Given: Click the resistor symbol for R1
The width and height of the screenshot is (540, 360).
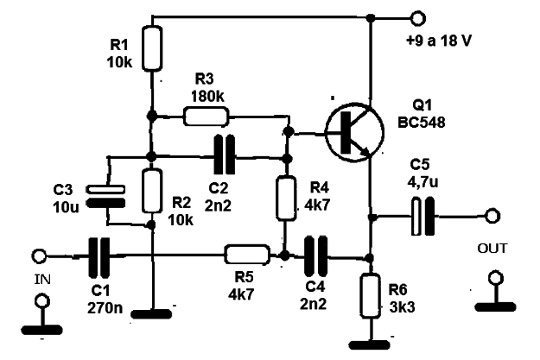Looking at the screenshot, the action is pos(152,48).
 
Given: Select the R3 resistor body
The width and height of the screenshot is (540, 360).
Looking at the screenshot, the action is pos(206,116).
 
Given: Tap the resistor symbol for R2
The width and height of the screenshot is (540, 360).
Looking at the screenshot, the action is pos(152,191).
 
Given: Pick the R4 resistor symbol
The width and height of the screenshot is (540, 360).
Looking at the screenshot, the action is pos(286,198).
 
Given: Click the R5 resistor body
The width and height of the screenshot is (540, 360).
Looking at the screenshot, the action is pos(247,255).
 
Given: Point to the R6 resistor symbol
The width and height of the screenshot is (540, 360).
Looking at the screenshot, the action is pos(370,295).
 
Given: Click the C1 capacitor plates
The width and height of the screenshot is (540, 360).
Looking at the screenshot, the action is pos(99,256).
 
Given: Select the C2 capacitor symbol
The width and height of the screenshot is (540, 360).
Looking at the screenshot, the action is pos(225,155).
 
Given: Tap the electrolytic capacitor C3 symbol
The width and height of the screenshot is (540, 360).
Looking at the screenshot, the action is pos(105,196).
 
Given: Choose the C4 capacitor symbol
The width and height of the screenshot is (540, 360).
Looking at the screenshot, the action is pos(315,256).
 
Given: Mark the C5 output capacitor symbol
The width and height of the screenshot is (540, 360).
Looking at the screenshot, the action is pos(422,216).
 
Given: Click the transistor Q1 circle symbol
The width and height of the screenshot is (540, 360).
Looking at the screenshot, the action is pos(354,132).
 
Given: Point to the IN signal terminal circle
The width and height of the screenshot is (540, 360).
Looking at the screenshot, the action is pos(39,256).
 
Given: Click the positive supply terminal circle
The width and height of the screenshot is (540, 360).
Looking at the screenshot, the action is pos(418,18).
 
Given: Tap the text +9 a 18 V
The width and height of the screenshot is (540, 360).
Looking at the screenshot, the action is pos(438,41).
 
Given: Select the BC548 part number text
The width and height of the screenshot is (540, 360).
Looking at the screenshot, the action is pos(422,123).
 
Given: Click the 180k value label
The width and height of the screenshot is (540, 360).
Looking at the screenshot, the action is pos(207,97).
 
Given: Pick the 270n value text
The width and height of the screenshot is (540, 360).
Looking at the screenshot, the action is pos(105,308).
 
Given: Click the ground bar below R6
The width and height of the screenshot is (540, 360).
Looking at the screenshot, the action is pos(370,344).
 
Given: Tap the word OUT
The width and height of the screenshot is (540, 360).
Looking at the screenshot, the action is pos(492,248).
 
